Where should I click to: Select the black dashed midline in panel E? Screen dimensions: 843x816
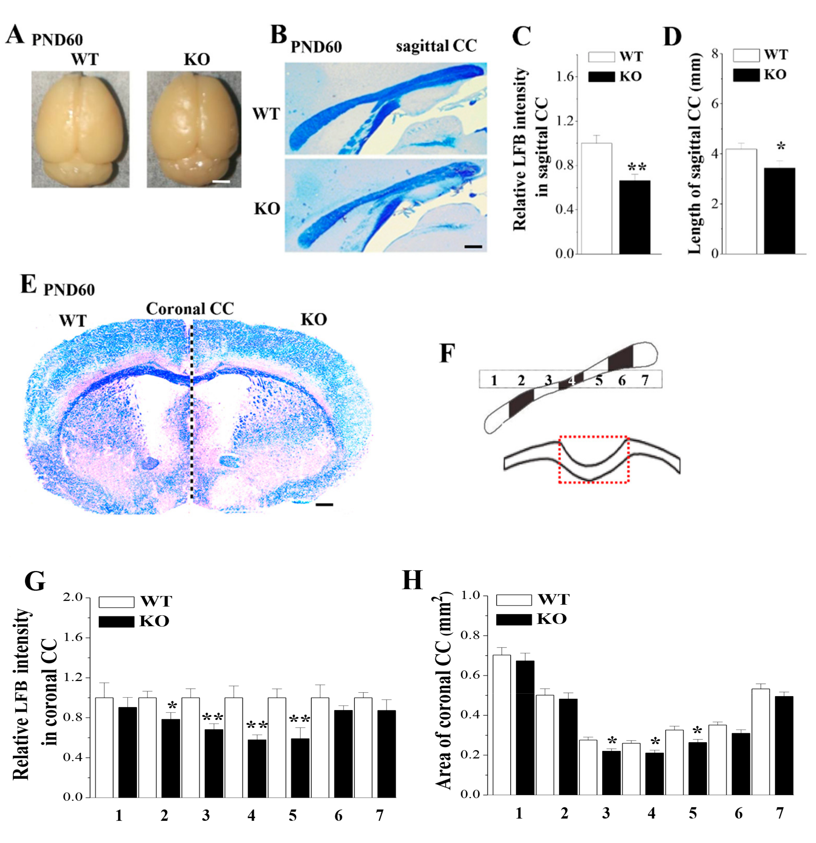point(192,413)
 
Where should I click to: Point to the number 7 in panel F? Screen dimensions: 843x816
point(644,380)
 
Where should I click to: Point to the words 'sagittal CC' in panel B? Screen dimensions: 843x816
point(436,46)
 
